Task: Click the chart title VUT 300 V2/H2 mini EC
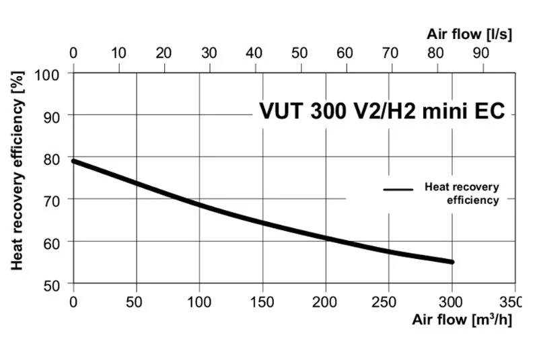coord(382,111)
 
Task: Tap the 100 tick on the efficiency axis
coord(53,73)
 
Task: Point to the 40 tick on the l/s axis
coord(254,52)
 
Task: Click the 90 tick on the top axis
coord(481,52)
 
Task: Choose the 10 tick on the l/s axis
coord(118,52)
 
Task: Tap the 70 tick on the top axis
coord(390,52)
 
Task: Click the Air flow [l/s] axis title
coord(470,34)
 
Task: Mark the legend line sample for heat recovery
coord(398,190)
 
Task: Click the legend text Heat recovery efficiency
coord(462,193)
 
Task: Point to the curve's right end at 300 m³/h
coord(452,262)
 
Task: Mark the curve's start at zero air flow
coord(74,161)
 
